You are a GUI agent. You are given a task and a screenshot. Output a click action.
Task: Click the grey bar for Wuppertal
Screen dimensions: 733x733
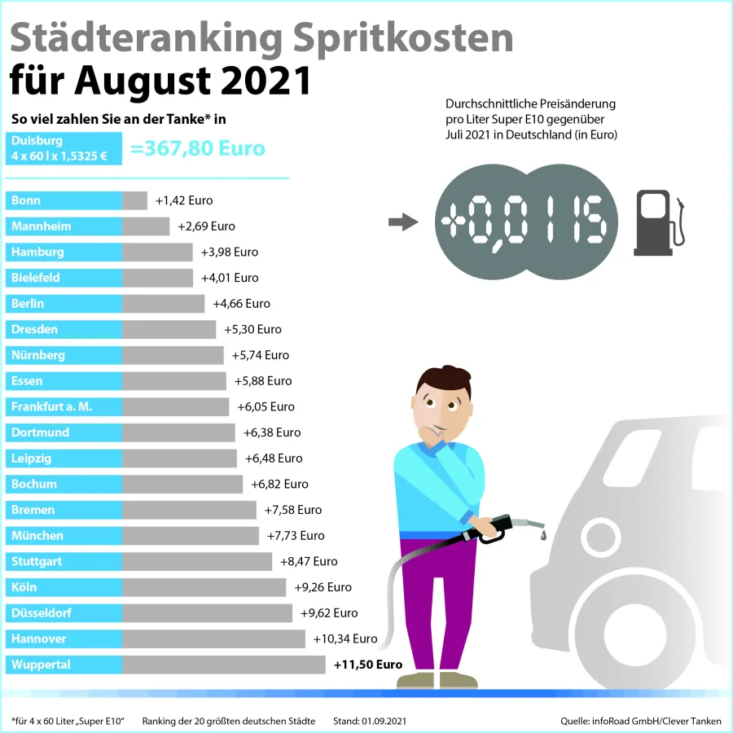point(224,665)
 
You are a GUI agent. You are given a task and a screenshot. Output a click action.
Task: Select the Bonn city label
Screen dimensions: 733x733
point(64,200)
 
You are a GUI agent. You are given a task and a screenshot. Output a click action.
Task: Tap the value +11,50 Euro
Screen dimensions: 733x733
point(368,665)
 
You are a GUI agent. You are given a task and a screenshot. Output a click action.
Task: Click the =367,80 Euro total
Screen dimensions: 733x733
point(198,149)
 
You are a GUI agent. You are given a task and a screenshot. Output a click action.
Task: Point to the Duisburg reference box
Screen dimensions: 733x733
point(64,148)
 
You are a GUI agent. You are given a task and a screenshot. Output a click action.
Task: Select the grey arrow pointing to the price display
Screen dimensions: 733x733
point(402,222)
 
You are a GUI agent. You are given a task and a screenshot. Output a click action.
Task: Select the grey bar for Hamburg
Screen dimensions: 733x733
point(157,252)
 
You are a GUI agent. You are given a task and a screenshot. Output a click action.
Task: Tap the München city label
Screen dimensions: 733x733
point(64,536)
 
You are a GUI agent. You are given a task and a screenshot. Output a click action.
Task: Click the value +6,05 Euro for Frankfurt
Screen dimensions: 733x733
point(266,407)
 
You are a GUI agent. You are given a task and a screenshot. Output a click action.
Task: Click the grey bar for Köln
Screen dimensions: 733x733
point(204,587)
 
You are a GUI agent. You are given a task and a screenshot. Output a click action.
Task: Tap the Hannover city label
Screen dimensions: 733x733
point(64,639)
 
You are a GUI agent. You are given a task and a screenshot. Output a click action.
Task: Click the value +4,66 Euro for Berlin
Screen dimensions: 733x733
point(241,304)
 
